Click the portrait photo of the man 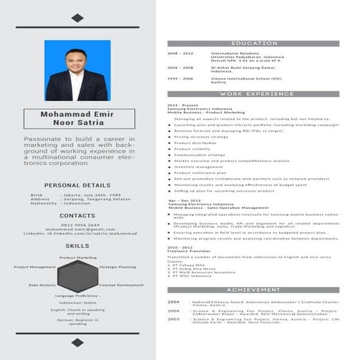pos(77,71)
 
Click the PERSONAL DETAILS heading pos(77,185)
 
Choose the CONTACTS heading pos(77,215)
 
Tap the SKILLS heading pos(77,246)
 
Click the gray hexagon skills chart pos(77,276)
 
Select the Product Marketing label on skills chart pos(78,257)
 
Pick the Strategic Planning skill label pos(118,267)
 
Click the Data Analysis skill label pos(42,285)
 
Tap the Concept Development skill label pos(121,285)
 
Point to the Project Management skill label pos(35,267)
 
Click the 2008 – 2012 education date pos(180,53)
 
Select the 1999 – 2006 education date pos(180,79)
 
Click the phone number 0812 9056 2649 pos(77,225)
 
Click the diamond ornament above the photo pos(77,17)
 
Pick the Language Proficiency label pos(77,295)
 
